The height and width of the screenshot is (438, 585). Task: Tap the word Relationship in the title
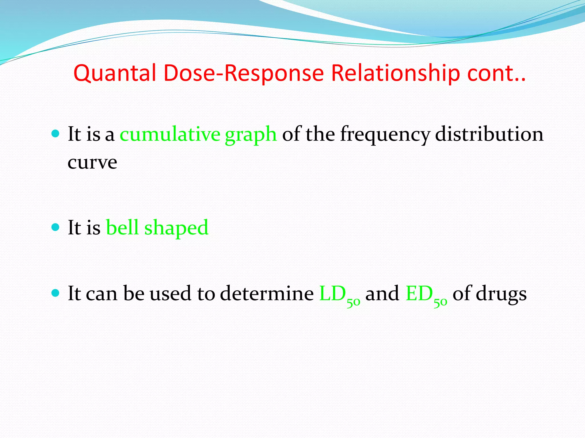(x=395, y=73)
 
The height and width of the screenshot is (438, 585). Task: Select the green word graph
(x=251, y=135)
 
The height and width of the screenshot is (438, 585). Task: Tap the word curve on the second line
(x=92, y=163)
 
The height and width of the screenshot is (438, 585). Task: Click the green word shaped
(x=176, y=228)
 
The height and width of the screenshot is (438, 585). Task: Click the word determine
(x=267, y=293)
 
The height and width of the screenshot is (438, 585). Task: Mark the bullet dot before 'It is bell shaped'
(x=55, y=227)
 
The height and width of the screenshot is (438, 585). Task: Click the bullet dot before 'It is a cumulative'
(x=55, y=133)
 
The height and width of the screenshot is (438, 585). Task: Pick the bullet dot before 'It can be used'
(x=55, y=293)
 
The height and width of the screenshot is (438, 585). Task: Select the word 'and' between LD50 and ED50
(x=382, y=293)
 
